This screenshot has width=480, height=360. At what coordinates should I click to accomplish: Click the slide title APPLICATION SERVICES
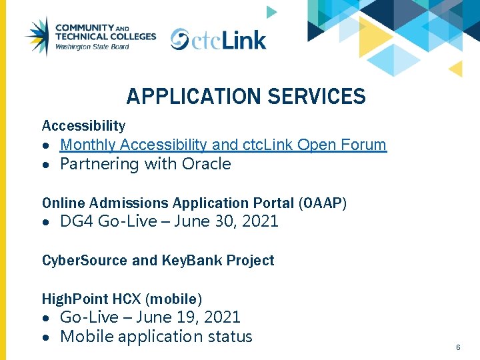point(246,97)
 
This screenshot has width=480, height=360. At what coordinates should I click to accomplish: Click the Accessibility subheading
point(83,125)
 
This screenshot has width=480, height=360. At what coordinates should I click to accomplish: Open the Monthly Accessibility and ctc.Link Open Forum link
point(223,145)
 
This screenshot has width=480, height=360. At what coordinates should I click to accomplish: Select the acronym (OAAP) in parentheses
point(322,203)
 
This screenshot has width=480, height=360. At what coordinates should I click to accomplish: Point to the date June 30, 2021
point(226,221)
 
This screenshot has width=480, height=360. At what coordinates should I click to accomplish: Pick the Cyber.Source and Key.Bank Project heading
point(158,260)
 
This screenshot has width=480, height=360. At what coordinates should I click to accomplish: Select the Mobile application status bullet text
point(156,337)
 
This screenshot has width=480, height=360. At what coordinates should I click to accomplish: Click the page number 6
point(458,347)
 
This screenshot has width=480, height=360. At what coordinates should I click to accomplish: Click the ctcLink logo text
point(228,40)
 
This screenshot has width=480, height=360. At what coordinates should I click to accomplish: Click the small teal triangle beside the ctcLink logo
point(271,12)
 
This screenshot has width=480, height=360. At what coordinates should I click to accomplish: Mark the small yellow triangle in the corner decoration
point(456,68)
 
